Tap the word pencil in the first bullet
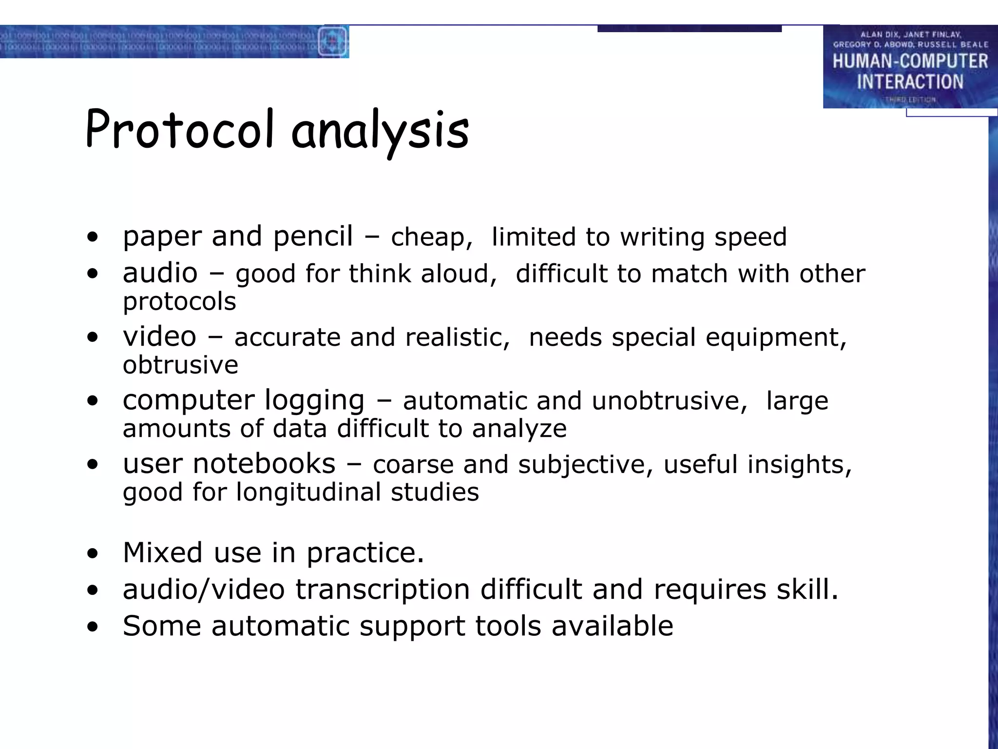pyautogui.click(x=313, y=237)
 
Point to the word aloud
pyautogui.click(x=459, y=274)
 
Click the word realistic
pyautogui.click(x=457, y=337)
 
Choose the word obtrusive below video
pyautogui.click(x=180, y=365)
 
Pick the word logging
pyautogui.click(x=314, y=401)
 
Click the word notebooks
pyautogui.click(x=264, y=464)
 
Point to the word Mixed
pyautogui.click(x=162, y=553)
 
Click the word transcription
pyautogui.click(x=383, y=590)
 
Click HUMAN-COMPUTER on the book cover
pyautogui.click(x=910, y=61)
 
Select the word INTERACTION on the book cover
pyautogui.click(x=910, y=82)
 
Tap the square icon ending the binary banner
pyautogui.click(x=333, y=41)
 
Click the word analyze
pyautogui.click(x=519, y=429)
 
